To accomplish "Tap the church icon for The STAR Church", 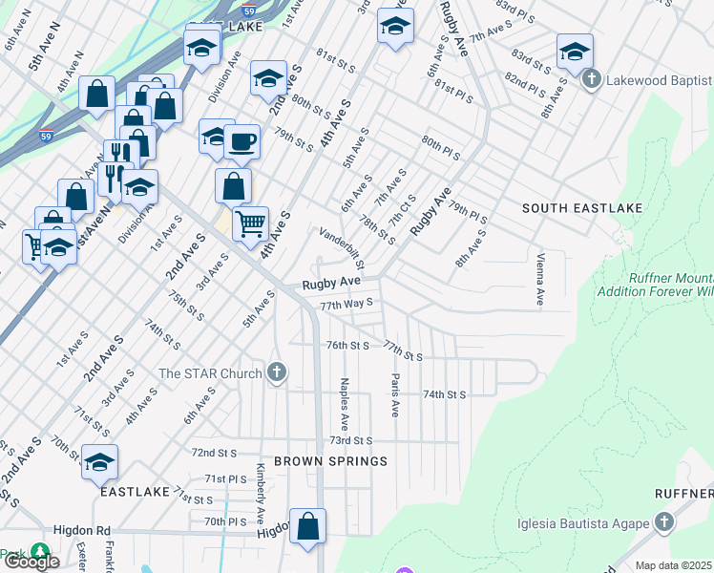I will point(277,372).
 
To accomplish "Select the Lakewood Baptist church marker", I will point(591,79).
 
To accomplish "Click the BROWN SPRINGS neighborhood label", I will point(330,461).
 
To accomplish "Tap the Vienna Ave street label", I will point(540,279).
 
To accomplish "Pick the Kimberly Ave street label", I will point(260,493).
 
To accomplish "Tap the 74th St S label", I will point(444,394).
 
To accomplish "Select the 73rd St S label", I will point(350,440).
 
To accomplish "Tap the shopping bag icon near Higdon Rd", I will point(307,526).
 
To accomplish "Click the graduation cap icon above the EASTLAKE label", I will point(99,463).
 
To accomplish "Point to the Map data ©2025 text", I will point(673,565).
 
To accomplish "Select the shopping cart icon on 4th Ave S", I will point(250,225).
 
